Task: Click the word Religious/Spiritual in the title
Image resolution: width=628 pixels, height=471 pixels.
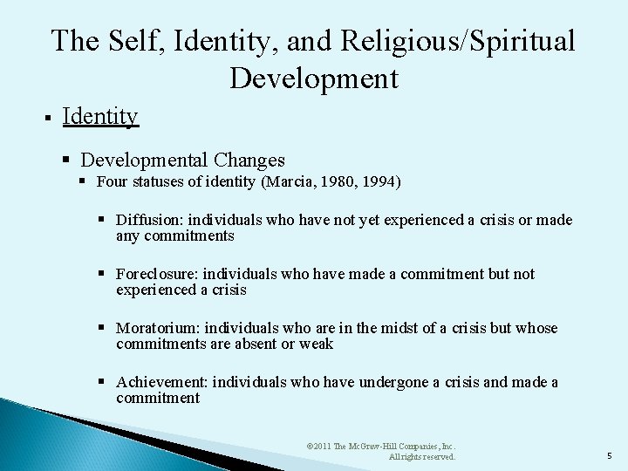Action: pyautogui.click(x=458, y=41)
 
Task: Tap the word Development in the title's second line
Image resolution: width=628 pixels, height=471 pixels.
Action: pyautogui.click(x=314, y=78)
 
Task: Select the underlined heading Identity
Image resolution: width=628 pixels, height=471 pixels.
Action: pyautogui.click(x=100, y=116)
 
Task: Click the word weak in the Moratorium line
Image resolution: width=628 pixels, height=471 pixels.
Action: pyautogui.click(x=317, y=344)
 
